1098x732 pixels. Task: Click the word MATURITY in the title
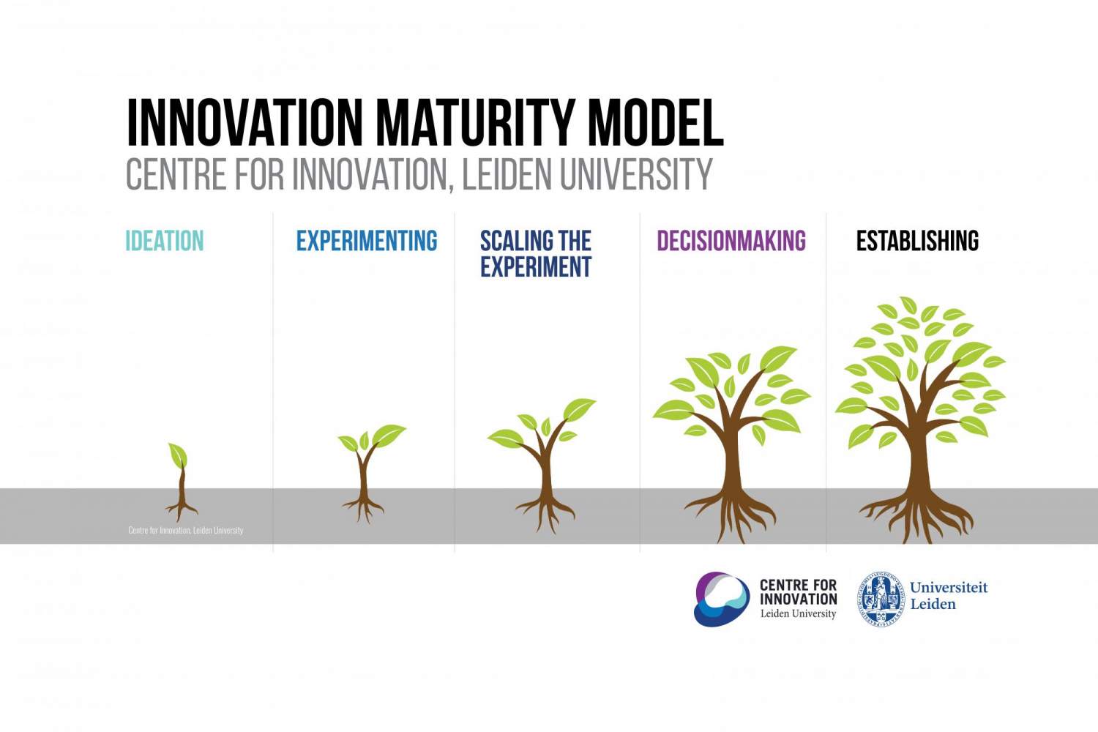pos(476,122)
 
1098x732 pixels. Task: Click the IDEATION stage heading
pos(165,241)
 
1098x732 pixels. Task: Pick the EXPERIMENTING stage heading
pos(366,241)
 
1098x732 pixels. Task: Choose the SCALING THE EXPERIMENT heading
pos(536,254)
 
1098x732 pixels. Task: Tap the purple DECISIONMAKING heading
pos(731,241)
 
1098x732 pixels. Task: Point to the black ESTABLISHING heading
pos(917,241)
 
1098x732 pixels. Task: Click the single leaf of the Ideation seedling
pos(178,455)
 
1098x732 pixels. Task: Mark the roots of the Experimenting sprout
pos(363,507)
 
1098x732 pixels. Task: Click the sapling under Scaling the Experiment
pos(545,461)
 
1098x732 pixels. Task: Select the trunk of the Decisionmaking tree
pos(731,461)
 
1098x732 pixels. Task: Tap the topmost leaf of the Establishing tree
pos(908,305)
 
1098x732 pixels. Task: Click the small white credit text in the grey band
pos(186,530)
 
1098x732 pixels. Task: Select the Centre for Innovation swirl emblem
pos(722,599)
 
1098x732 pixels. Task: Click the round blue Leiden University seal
pos(881,599)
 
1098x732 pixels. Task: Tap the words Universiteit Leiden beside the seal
pos(948,596)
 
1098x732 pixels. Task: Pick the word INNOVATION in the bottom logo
pos(798,599)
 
